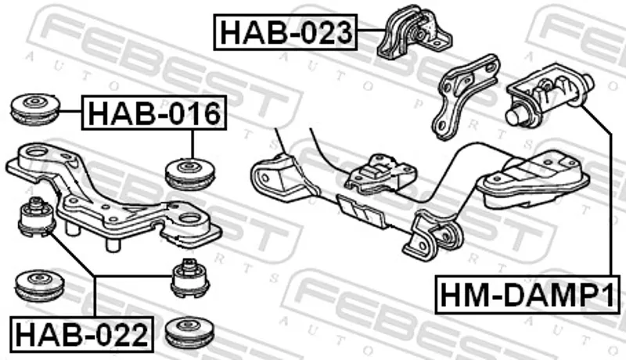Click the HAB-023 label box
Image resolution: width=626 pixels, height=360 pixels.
coord(286,32)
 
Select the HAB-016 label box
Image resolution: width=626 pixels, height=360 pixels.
coord(154,113)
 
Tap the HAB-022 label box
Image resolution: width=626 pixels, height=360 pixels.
coord(82,334)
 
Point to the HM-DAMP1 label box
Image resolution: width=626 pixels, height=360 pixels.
coord(527,294)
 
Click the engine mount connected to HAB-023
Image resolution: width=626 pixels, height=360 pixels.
coord(414,32)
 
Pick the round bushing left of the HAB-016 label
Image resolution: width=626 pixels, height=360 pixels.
coord(35,109)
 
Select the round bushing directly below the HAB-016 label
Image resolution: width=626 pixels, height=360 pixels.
coord(192,174)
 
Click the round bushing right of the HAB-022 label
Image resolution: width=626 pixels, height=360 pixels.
coord(189,332)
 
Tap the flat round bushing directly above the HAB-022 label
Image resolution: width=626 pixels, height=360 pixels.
coord(39,286)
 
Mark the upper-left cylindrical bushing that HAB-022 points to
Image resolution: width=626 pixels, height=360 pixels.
coord(37,218)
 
